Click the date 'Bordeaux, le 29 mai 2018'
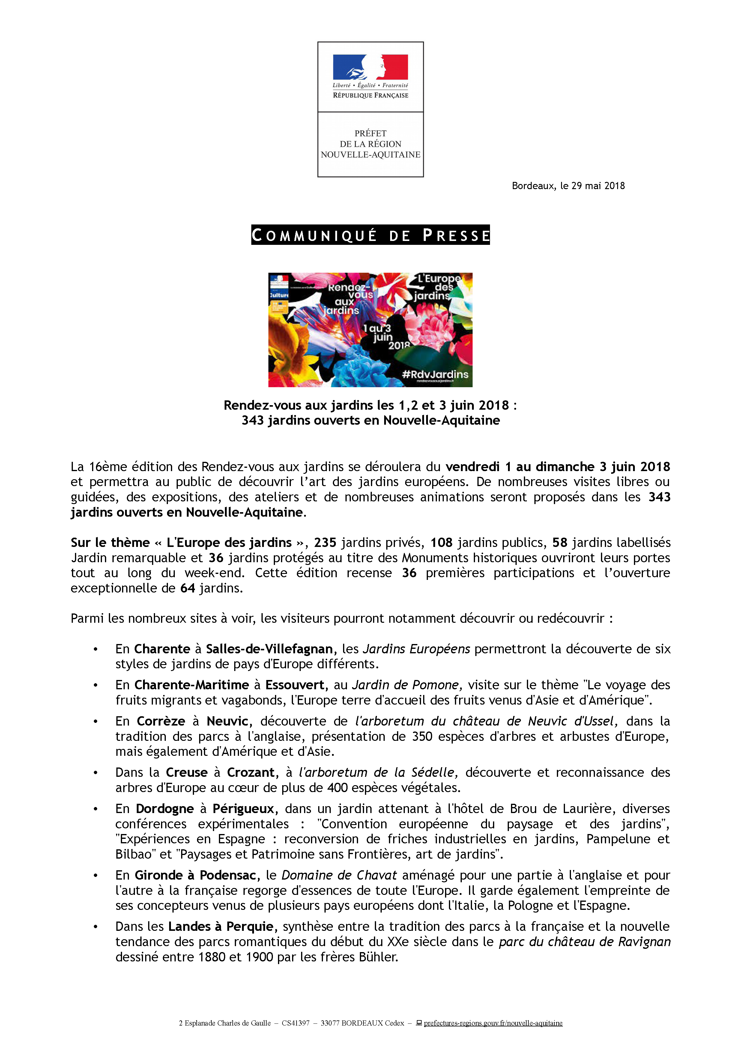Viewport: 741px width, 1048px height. (x=568, y=186)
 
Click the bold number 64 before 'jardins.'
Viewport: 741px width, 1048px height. (x=187, y=588)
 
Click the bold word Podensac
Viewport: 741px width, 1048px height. (x=228, y=875)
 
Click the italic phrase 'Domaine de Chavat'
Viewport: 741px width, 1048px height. (x=339, y=875)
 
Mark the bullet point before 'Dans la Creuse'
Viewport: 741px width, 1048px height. (x=95, y=773)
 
